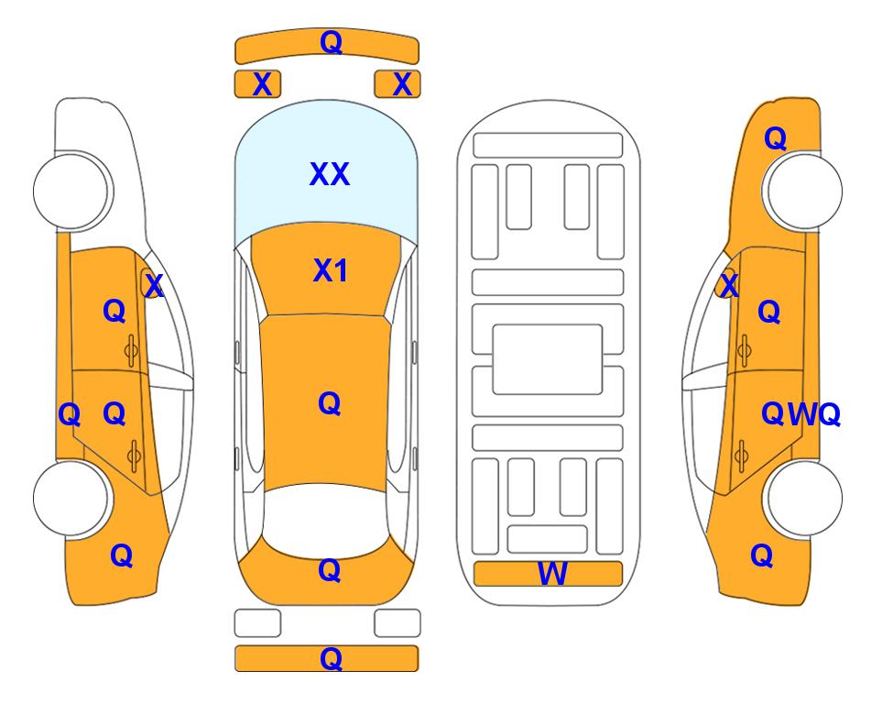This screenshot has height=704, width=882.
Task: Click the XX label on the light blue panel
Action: [x=330, y=174]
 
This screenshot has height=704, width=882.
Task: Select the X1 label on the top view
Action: [x=331, y=270]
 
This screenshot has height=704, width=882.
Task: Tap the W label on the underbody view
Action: [x=552, y=574]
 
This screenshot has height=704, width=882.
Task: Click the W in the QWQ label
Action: [x=802, y=414]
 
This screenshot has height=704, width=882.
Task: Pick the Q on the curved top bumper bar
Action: [x=331, y=41]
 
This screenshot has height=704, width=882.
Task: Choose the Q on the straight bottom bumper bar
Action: [x=331, y=658]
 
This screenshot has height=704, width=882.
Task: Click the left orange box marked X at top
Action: [x=257, y=84]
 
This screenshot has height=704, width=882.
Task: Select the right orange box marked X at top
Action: [x=397, y=84]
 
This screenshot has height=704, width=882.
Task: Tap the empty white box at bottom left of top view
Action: [x=257, y=623]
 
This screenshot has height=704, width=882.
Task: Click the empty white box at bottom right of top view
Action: [x=397, y=623]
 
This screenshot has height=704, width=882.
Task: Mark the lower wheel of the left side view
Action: [x=71, y=499]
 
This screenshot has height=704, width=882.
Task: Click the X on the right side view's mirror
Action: [x=729, y=285]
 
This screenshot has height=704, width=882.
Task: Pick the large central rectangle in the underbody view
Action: [x=548, y=359]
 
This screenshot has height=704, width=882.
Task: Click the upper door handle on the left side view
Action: [x=131, y=351]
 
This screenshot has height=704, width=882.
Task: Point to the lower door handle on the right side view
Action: [x=742, y=456]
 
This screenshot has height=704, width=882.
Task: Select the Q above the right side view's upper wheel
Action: [x=775, y=138]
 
